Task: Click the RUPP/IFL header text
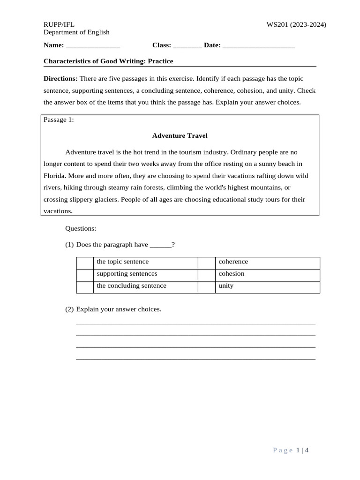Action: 59,24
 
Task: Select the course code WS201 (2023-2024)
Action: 296,24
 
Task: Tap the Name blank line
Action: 93,45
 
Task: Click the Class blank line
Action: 187,45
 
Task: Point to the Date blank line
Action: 259,45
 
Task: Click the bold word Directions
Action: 60,79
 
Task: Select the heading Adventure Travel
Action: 180,136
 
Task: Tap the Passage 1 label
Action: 59,120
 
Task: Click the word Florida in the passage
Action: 54,176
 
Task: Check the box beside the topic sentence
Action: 85,262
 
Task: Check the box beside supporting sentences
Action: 85,275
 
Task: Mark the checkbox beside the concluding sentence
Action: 85,286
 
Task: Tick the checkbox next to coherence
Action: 207,262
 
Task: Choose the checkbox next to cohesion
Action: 207,275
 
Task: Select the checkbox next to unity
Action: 207,286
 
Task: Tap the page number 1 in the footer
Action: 299,450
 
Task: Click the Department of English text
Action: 76,32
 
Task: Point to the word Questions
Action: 81,228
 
